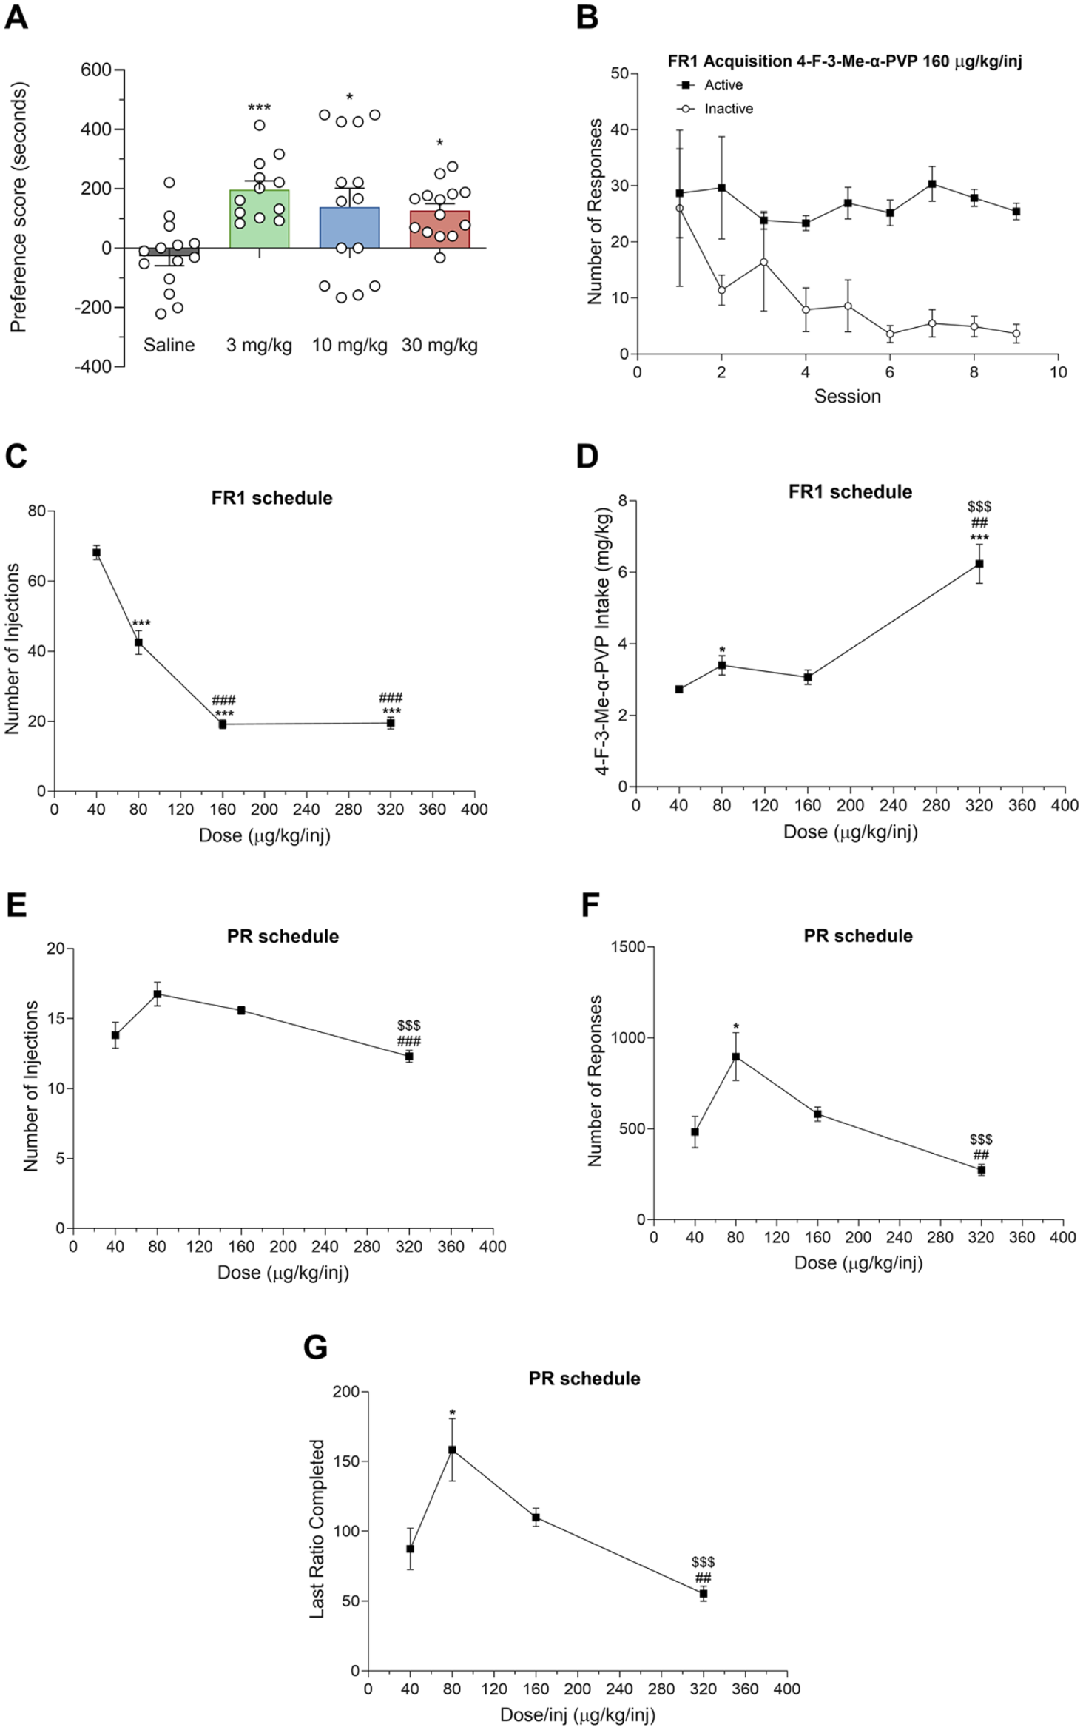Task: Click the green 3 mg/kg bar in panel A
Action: point(259,219)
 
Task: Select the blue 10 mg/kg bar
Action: point(349,228)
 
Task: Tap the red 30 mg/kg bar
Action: point(439,229)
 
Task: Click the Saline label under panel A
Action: point(169,345)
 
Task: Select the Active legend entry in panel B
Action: point(709,85)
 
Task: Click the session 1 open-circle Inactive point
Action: point(679,208)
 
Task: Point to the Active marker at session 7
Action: point(932,184)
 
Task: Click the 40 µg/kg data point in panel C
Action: point(96,552)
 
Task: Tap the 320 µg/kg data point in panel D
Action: point(979,564)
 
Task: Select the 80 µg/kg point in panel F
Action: point(736,1057)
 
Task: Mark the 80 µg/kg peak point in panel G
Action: point(452,1450)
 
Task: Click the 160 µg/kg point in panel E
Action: point(241,1010)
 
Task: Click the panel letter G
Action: point(316,1347)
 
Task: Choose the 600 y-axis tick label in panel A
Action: point(95,70)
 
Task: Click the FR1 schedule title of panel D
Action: point(850,492)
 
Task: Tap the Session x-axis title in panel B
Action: point(848,397)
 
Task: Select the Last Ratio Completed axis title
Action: point(317,1528)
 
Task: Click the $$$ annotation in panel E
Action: point(409,1025)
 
